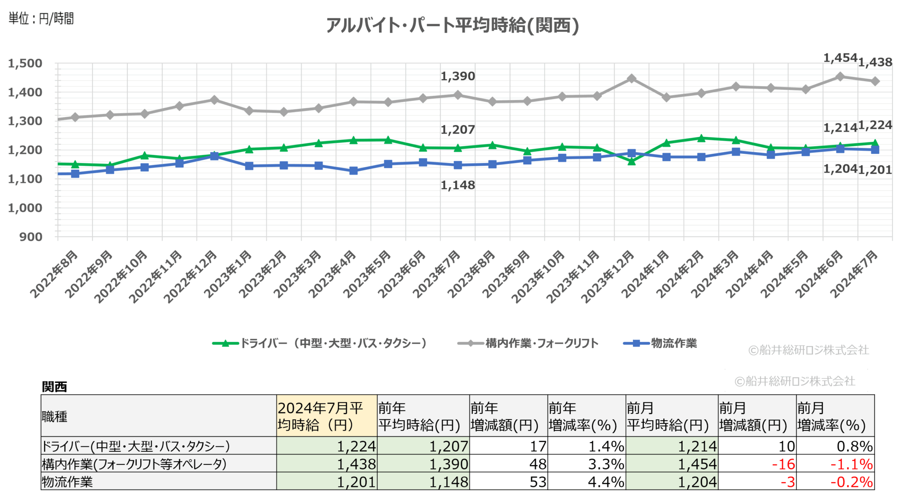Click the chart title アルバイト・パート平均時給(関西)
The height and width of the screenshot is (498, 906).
[x=453, y=25]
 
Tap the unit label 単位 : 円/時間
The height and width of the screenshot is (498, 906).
[x=41, y=19]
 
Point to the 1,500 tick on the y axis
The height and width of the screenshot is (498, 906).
[x=25, y=63]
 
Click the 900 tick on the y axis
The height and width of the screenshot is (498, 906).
[x=31, y=237]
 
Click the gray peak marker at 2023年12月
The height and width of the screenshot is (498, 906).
[x=631, y=79]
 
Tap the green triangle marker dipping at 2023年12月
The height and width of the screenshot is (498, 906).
[x=631, y=161]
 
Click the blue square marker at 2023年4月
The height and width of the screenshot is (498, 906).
[x=353, y=171]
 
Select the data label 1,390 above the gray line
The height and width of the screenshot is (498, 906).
[x=458, y=76]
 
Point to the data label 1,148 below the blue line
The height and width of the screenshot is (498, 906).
[x=458, y=185]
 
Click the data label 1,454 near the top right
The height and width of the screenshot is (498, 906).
[x=840, y=58]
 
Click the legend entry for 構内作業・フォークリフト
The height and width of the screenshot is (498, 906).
[x=528, y=343]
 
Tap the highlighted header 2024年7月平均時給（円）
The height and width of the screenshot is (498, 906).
[x=326, y=416]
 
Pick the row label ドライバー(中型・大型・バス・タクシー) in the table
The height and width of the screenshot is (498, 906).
[x=136, y=446]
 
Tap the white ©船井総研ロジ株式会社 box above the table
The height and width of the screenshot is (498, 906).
[x=795, y=381]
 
